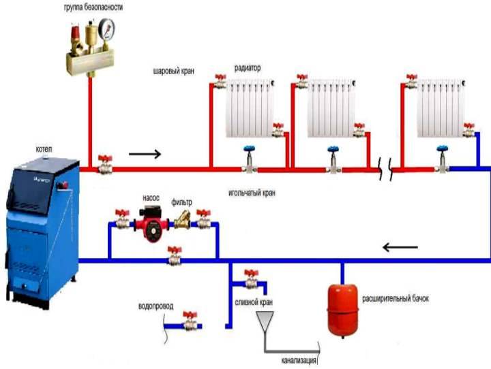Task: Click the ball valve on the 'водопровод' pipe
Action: [189, 319]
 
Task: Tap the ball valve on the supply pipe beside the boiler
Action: [104, 163]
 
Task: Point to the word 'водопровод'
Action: [156, 306]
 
